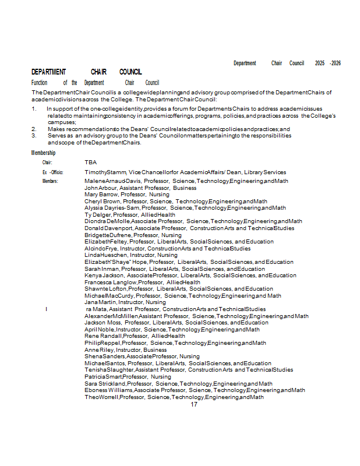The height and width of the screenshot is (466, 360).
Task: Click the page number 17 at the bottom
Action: click(194, 404)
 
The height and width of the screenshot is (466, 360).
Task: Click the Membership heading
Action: click(44, 153)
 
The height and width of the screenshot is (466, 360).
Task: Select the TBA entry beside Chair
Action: click(90, 163)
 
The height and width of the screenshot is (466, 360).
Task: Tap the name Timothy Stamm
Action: click(105, 172)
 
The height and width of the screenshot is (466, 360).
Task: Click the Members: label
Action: click(50, 181)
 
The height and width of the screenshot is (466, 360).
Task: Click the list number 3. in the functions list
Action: click(34, 135)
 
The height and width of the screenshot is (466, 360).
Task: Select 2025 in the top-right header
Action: click(320, 63)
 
